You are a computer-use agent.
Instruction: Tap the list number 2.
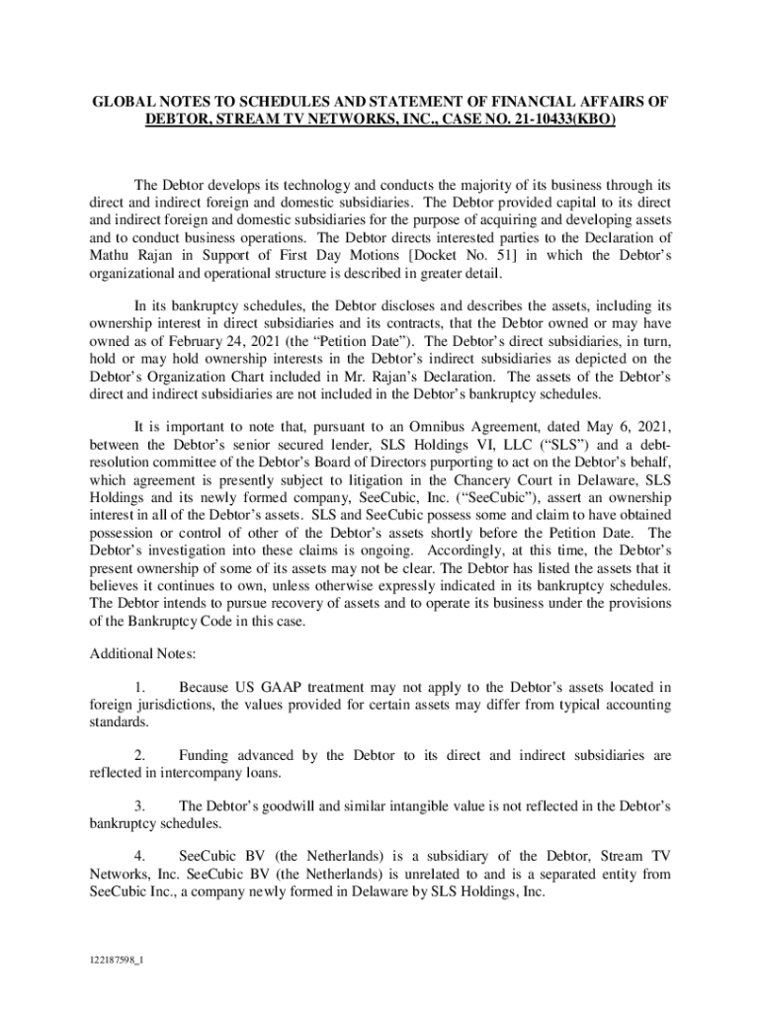(138, 756)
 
